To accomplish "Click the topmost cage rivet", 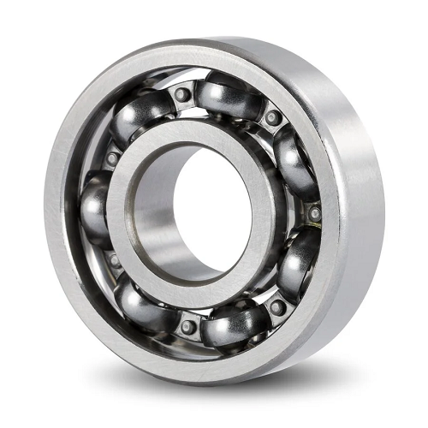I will click(182, 94).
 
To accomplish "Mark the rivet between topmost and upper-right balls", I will click(272, 118).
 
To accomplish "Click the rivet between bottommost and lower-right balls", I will click(276, 306).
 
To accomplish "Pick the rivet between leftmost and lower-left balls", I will click(110, 258).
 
